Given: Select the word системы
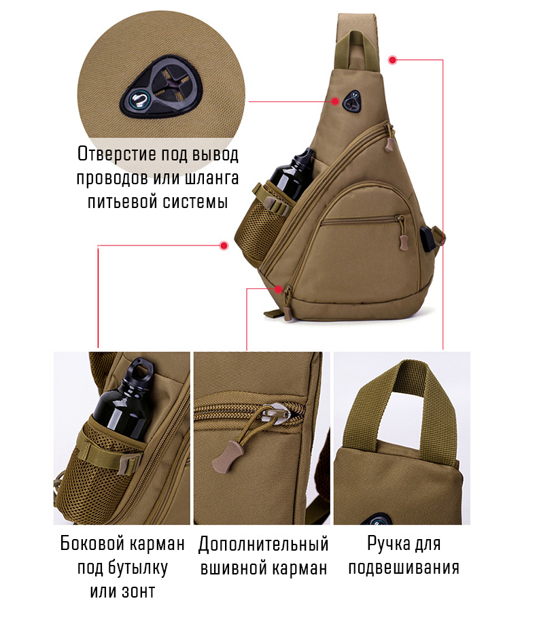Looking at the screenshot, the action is click(x=195, y=202).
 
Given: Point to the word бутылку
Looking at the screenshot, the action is click(x=137, y=568).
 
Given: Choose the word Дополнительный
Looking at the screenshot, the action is click(x=263, y=545).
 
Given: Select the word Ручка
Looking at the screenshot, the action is click(x=389, y=544).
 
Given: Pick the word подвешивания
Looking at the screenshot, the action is click(x=404, y=568).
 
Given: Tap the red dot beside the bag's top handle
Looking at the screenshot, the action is click(x=392, y=60).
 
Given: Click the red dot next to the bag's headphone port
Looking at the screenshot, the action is click(x=335, y=101).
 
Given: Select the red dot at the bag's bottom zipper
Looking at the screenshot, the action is click(x=279, y=290).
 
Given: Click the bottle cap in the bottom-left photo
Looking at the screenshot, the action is click(x=140, y=371).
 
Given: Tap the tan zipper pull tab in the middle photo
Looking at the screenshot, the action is click(x=227, y=458).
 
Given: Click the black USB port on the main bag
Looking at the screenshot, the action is click(x=428, y=239).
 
